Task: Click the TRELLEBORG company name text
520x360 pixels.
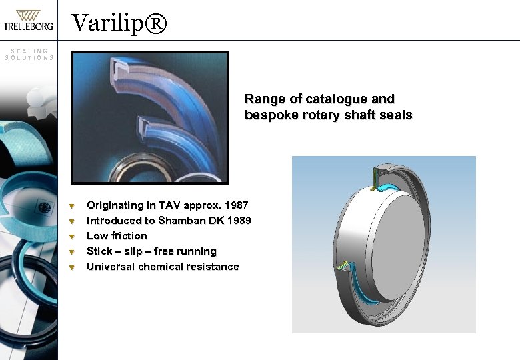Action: point(29,27)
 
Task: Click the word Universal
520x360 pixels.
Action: point(111,267)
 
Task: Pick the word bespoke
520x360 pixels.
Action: point(267,115)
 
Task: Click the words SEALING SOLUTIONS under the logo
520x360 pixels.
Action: point(29,54)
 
